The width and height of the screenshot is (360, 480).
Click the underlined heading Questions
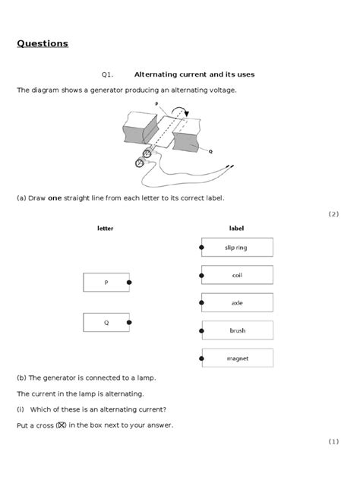pos(43,43)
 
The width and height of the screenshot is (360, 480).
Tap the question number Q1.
pos(106,74)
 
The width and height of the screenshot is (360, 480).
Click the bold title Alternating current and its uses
pos(194,74)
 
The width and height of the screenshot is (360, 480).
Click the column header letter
pos(106,229)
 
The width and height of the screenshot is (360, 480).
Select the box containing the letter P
pos(106,283)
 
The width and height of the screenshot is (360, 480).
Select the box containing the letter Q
pos(106,324)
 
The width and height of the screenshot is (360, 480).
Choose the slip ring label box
pos(236,248)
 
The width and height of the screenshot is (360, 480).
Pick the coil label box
pos(236,275)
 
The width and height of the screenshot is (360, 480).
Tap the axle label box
pos(236,303)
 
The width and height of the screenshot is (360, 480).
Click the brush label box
pos(236,330)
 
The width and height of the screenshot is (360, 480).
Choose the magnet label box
pos(236,358)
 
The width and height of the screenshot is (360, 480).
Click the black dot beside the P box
pos(130,283)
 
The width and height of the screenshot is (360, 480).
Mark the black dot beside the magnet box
pos(201,358)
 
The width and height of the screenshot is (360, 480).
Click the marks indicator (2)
pos(333,214)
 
